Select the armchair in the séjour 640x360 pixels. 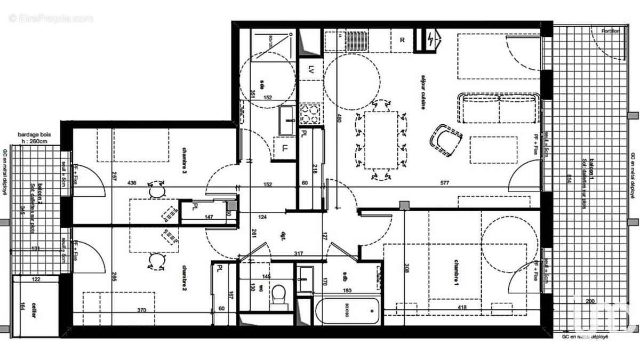[x=446, y=140]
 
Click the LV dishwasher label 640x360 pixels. [x=311, y=69]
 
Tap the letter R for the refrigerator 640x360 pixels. [x=402, y=41]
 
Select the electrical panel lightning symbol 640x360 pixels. [x=430, y=39]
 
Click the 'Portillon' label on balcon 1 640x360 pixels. [x=610, y=30]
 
